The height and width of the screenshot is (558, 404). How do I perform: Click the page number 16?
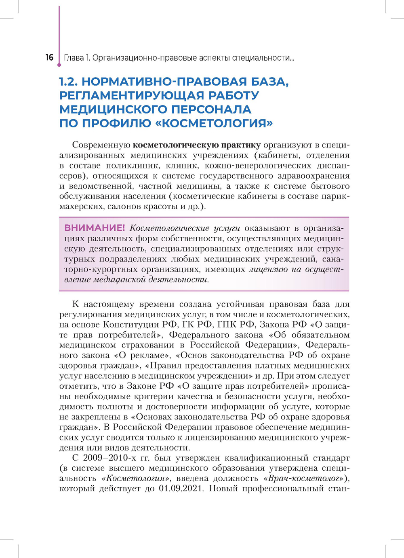[x=49, y=57]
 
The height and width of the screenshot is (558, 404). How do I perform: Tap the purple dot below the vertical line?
[x=59, y=65]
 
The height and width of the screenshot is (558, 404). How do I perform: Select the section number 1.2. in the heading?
[x=69, y=82]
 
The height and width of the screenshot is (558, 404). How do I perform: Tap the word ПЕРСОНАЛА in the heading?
[x=211, y=109]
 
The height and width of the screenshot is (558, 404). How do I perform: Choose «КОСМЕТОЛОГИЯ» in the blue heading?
[x=214, y=123]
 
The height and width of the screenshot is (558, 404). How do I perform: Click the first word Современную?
[x=101, y=145]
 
